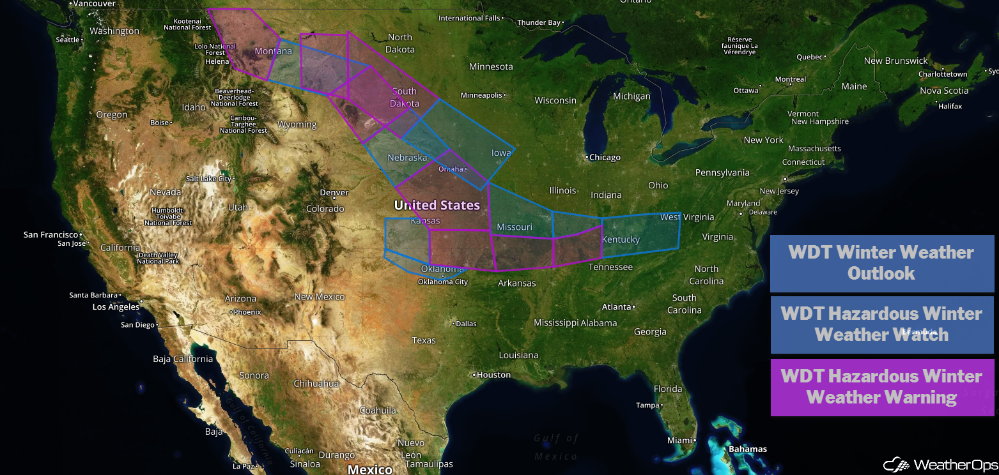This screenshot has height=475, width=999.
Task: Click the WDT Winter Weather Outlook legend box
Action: pos(881,263)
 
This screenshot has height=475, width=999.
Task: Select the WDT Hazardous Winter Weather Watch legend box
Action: pos(881,324)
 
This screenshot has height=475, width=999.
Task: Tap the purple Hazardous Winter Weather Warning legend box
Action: pos(881,387)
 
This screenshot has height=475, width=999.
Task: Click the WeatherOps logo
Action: pos(940,464)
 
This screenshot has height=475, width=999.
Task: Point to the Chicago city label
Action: pos(605,157)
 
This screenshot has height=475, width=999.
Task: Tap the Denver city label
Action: pos(334,192)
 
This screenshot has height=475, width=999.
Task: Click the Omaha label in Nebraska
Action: pos(451,169)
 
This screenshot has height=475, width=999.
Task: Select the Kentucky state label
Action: pos(621,239)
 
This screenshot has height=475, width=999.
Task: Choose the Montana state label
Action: pos(273,51)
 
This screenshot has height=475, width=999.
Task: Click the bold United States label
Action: pos(437,205)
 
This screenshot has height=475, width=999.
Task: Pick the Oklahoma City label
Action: pos(443,282)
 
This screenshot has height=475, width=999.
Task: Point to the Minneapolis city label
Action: pos(481,95)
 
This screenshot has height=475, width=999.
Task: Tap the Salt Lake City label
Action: pos(208,179)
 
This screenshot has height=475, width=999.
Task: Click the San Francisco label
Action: pos(50,235)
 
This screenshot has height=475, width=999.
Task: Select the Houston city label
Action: pos(493,375)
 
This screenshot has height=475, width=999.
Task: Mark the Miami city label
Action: pos(680,441)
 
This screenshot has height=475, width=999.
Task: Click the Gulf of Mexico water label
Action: pos(556,447)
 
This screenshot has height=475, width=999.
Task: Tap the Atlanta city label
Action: pos(616,307)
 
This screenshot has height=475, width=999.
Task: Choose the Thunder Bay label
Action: pos(539,23)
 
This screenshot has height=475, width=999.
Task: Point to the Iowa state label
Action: pos(501,153)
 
